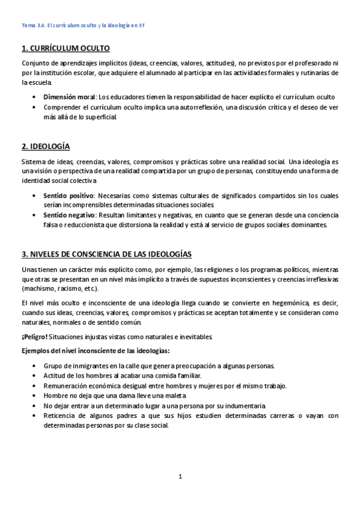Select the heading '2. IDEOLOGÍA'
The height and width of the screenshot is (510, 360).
click(x=46, y=146)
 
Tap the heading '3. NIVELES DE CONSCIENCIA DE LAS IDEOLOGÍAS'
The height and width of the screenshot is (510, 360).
click(x=106, y=254)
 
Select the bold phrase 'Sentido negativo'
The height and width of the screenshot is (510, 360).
click(x=69, y=214)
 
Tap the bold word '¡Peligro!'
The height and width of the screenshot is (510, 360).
click(x=34, y=336)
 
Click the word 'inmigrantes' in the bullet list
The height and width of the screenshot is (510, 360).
click(x=91, y=366)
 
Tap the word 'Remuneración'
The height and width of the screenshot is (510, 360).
click(x=67, y=386)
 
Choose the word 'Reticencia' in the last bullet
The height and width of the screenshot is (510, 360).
click(x=61, y=415)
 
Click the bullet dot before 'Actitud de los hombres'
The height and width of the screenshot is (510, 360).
click(x=31, y=376)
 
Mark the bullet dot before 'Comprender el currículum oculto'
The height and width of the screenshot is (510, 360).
click(x=31, y=107)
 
